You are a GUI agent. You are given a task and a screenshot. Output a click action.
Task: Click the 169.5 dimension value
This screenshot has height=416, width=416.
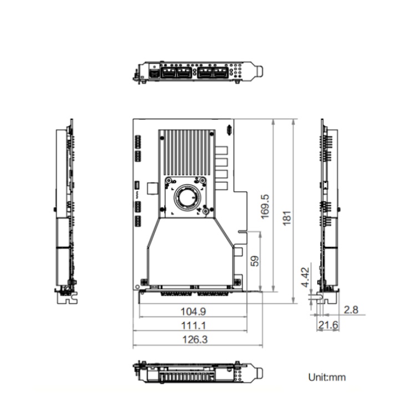tap(265, 207)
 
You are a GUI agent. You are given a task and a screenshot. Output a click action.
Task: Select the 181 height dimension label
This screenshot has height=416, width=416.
tap(287, 218)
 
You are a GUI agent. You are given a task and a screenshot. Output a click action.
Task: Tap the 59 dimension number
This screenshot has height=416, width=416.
tap(255, 261)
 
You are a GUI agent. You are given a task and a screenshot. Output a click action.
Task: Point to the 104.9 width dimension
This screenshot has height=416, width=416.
tap(193, 311)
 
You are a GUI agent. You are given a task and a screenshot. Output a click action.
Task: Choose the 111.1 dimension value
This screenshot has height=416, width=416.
tap(194, 326)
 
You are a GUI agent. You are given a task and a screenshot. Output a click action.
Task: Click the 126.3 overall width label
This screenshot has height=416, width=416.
tap(195, 339)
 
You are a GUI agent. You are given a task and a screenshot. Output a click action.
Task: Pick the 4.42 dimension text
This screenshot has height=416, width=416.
tap(306, 277)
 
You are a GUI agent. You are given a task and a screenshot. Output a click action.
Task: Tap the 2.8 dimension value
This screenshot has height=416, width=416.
tap(351, 310)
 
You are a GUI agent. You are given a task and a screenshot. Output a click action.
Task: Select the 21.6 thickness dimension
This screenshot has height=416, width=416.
tap(328, 324)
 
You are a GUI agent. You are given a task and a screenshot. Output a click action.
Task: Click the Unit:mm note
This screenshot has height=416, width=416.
tap(327, 377)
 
